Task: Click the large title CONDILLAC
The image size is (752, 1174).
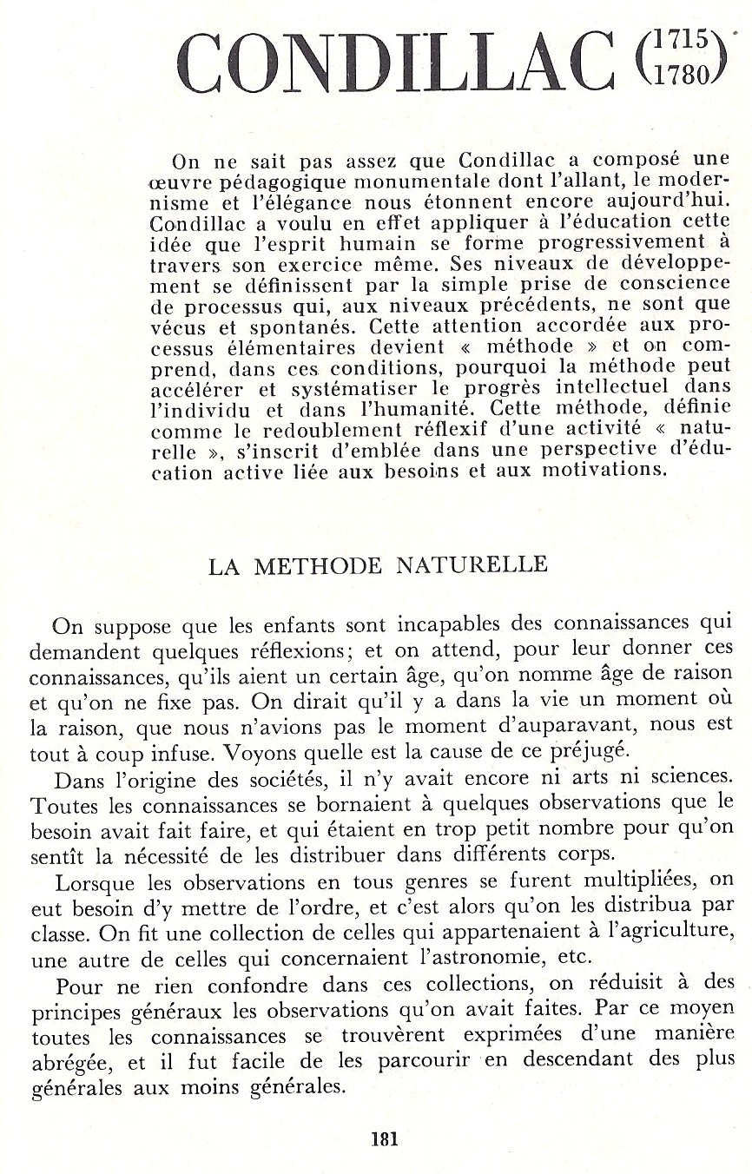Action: coord(395,63)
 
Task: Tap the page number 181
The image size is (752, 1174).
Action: coord(384,1138)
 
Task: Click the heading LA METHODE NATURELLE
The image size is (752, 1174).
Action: coord(378,565)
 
